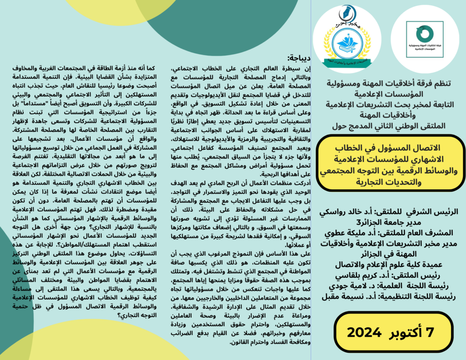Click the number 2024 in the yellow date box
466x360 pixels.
coord(364,332)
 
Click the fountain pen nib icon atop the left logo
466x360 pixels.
coord(347,10)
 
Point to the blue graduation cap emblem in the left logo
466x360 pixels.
coord(347,42)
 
